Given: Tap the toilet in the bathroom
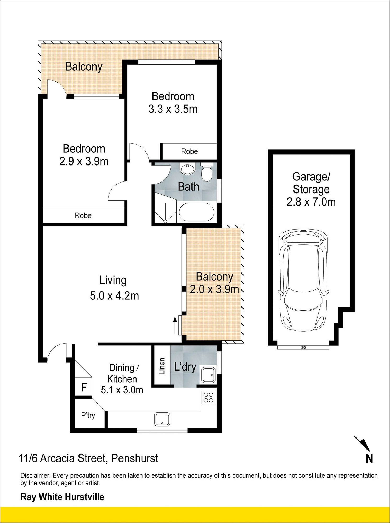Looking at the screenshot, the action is [x=207, y=172].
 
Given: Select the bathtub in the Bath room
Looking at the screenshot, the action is [x=196, y=212].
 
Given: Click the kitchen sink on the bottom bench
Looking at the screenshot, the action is [x=162, y=419].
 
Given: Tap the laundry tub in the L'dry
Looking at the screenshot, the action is [x=208, y=375].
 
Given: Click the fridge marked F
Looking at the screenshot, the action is [x=84, y=387].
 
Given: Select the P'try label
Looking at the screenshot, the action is [x=88, y=416].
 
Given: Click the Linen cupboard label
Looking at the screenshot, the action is [x=162, y=366].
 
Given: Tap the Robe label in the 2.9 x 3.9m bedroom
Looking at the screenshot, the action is [x=83, y=215].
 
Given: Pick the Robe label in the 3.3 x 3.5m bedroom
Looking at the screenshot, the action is [x=189, y=151].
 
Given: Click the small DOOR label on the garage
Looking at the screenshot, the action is [x=303, y=348].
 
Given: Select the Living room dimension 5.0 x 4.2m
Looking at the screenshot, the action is [x=114, y=296].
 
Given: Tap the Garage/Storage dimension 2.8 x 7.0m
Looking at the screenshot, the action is [x=311, y=202].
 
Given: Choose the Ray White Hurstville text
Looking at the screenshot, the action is [x=62, y=497].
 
